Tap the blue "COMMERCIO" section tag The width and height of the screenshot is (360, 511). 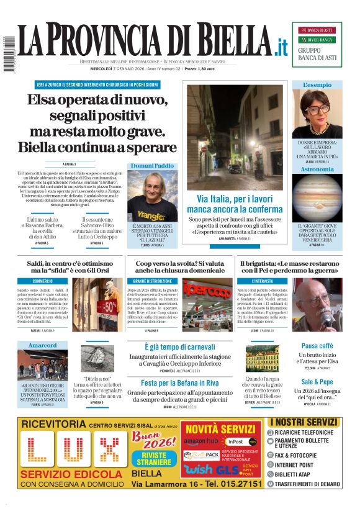[43, 281]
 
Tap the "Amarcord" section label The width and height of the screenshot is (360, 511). [42, 345]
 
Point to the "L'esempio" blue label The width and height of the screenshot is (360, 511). [317, 84]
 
